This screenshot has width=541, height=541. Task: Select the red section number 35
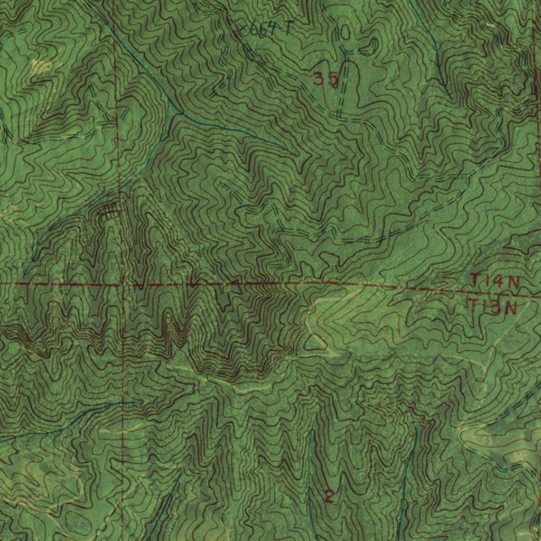(325, 79)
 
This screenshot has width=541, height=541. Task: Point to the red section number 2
(329, 496)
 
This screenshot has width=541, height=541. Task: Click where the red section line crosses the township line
(121, 284)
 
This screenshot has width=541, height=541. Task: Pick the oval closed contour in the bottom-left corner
(74, 523)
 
